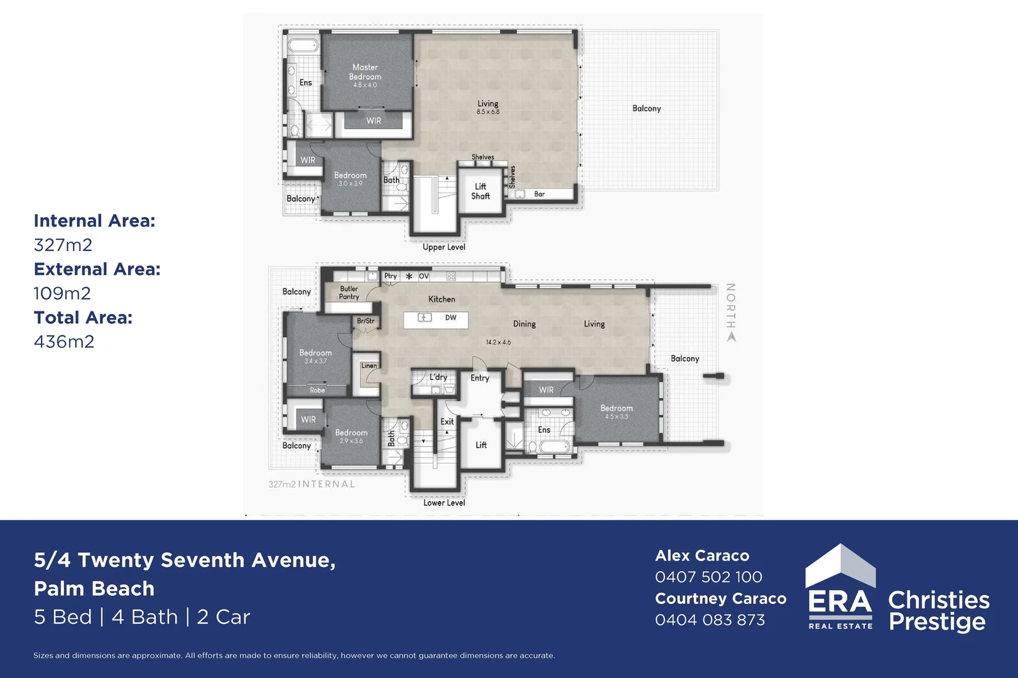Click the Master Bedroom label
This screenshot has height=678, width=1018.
pos(365,72)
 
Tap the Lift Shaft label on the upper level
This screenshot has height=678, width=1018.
pos(480,191)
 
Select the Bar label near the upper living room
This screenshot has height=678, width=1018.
pos(539,194)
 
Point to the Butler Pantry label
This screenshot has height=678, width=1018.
pos(349,293)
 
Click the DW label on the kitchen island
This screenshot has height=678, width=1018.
pos(451,318)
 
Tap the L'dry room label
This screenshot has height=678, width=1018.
pos(438,377)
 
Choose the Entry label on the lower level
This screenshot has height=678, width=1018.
pos(480,378)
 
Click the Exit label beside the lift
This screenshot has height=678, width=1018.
pos(447,422)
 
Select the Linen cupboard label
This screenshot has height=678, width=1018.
pos(369,365)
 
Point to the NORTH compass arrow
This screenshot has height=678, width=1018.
pos(731,336)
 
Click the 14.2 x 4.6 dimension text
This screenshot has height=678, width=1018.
pos(498,342)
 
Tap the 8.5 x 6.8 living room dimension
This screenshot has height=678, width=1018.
pos(488,112)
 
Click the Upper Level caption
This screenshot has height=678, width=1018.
pos(444,247)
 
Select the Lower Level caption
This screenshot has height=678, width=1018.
pos(444,503)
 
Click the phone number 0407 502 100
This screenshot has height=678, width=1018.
pos(708,577)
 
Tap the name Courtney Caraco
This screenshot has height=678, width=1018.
pos(720,599)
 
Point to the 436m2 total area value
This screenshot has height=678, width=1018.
pos(64,342)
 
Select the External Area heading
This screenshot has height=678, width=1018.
pos(97,269)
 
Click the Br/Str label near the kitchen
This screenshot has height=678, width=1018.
pos(366,321)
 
